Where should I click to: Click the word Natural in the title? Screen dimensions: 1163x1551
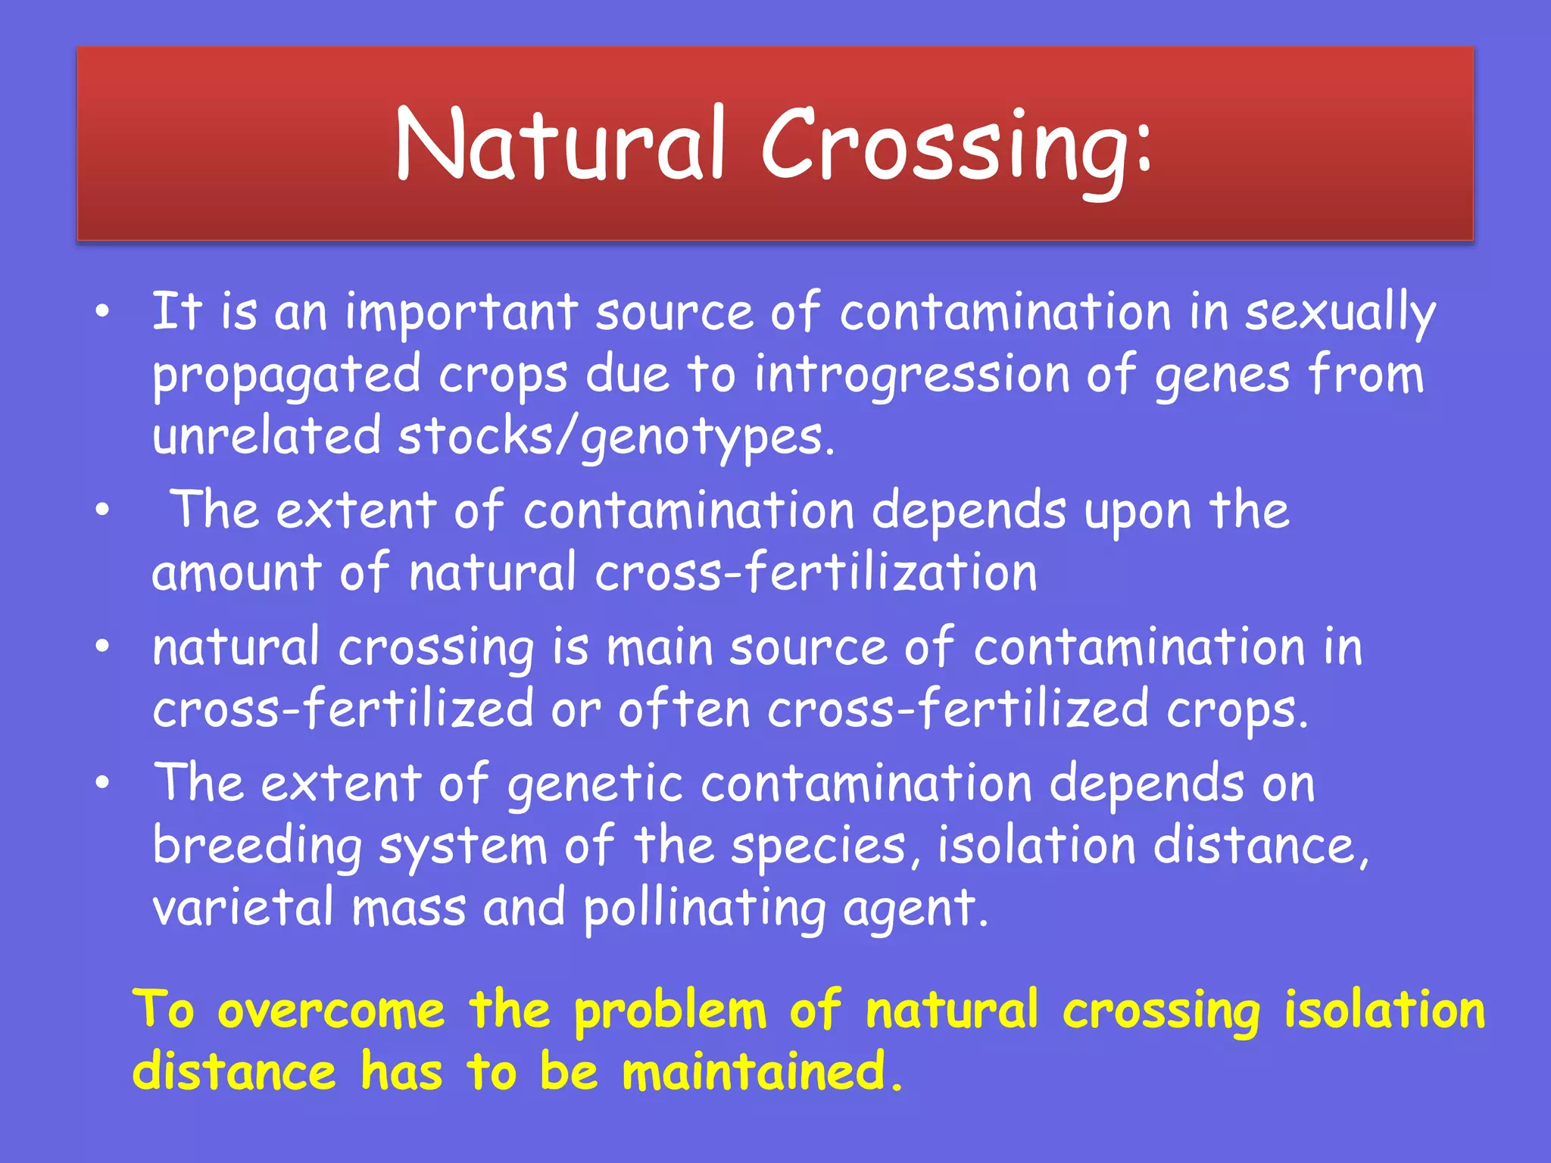561,144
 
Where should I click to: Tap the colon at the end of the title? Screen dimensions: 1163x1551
1143,144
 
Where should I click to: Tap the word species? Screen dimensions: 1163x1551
825,846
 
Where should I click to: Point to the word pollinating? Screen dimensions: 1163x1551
704,909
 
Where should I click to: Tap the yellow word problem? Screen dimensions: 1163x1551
670,1012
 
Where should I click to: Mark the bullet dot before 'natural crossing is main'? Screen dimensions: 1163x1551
103,647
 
